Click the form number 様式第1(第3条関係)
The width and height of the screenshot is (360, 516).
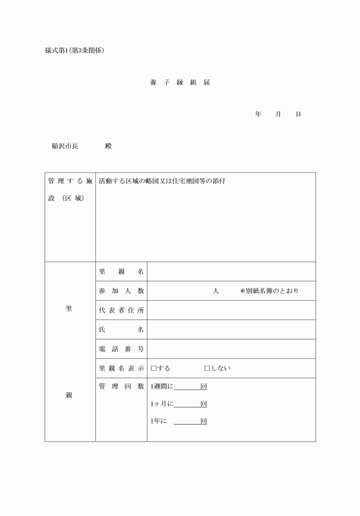74,50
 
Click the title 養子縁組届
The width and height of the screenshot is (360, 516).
179,83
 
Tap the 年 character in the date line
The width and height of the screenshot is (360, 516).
258,114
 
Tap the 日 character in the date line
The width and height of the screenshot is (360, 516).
298,114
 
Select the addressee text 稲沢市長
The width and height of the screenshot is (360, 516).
65,146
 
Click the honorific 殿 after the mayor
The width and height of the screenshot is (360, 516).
109,146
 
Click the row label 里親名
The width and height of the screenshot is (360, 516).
121,271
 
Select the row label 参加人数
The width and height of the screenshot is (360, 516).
121,291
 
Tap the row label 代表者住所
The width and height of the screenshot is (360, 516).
121,310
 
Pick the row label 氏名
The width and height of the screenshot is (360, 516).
121,330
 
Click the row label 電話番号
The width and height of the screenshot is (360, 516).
121,349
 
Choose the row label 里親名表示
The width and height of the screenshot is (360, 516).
121,369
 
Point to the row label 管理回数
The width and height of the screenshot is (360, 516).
121,387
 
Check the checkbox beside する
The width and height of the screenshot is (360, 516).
153,369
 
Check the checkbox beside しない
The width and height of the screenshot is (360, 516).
207,369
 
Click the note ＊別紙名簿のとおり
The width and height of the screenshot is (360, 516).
269,291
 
